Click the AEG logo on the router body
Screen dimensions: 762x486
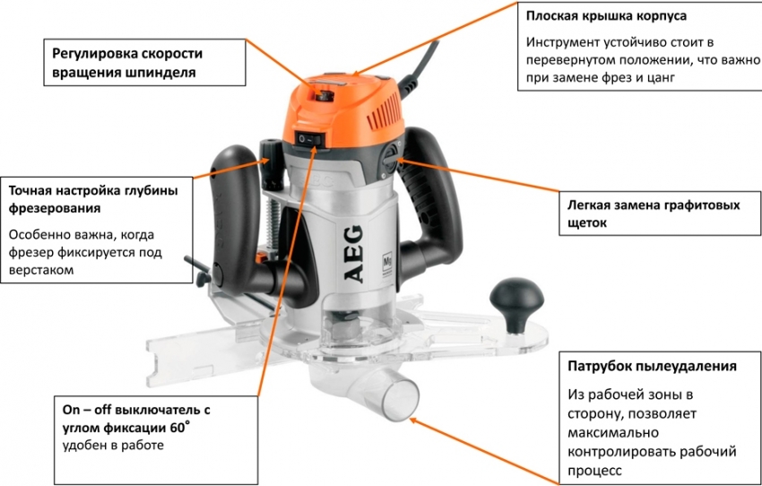354,254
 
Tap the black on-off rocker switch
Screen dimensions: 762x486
309,140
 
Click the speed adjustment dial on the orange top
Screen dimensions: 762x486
323,94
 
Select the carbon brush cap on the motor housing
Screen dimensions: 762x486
390,159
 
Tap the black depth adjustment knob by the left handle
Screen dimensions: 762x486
272,164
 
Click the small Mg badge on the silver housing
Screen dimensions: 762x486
387,264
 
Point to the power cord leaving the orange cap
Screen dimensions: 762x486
417,67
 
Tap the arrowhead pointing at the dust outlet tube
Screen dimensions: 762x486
414,421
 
